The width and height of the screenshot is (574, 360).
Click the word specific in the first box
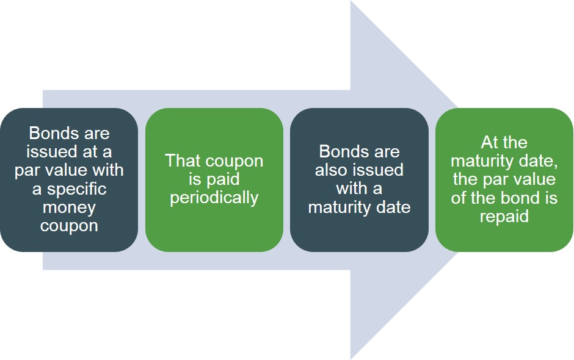pyautogui.click(x=76, y=189)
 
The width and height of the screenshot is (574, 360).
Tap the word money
pyautogui.click(x=69, y=207)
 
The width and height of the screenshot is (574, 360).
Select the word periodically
pyautogui.click(x=214, y=198)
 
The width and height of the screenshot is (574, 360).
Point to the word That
pyautogui.click(x=183, y=161)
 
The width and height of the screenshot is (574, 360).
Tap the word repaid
pyautogui.click(x=504, y=216)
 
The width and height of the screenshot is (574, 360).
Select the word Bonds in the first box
pyautogui.click(x=52, y=133)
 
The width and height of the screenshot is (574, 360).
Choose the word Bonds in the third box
pyautogui.click(x=342, y=151)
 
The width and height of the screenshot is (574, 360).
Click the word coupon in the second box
pyautogui.click(x=234, y=161)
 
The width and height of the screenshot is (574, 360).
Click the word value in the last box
pyautogui.click(x=534, y=179)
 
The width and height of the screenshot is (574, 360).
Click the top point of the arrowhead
pyautogui.click(x=351, y=2)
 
